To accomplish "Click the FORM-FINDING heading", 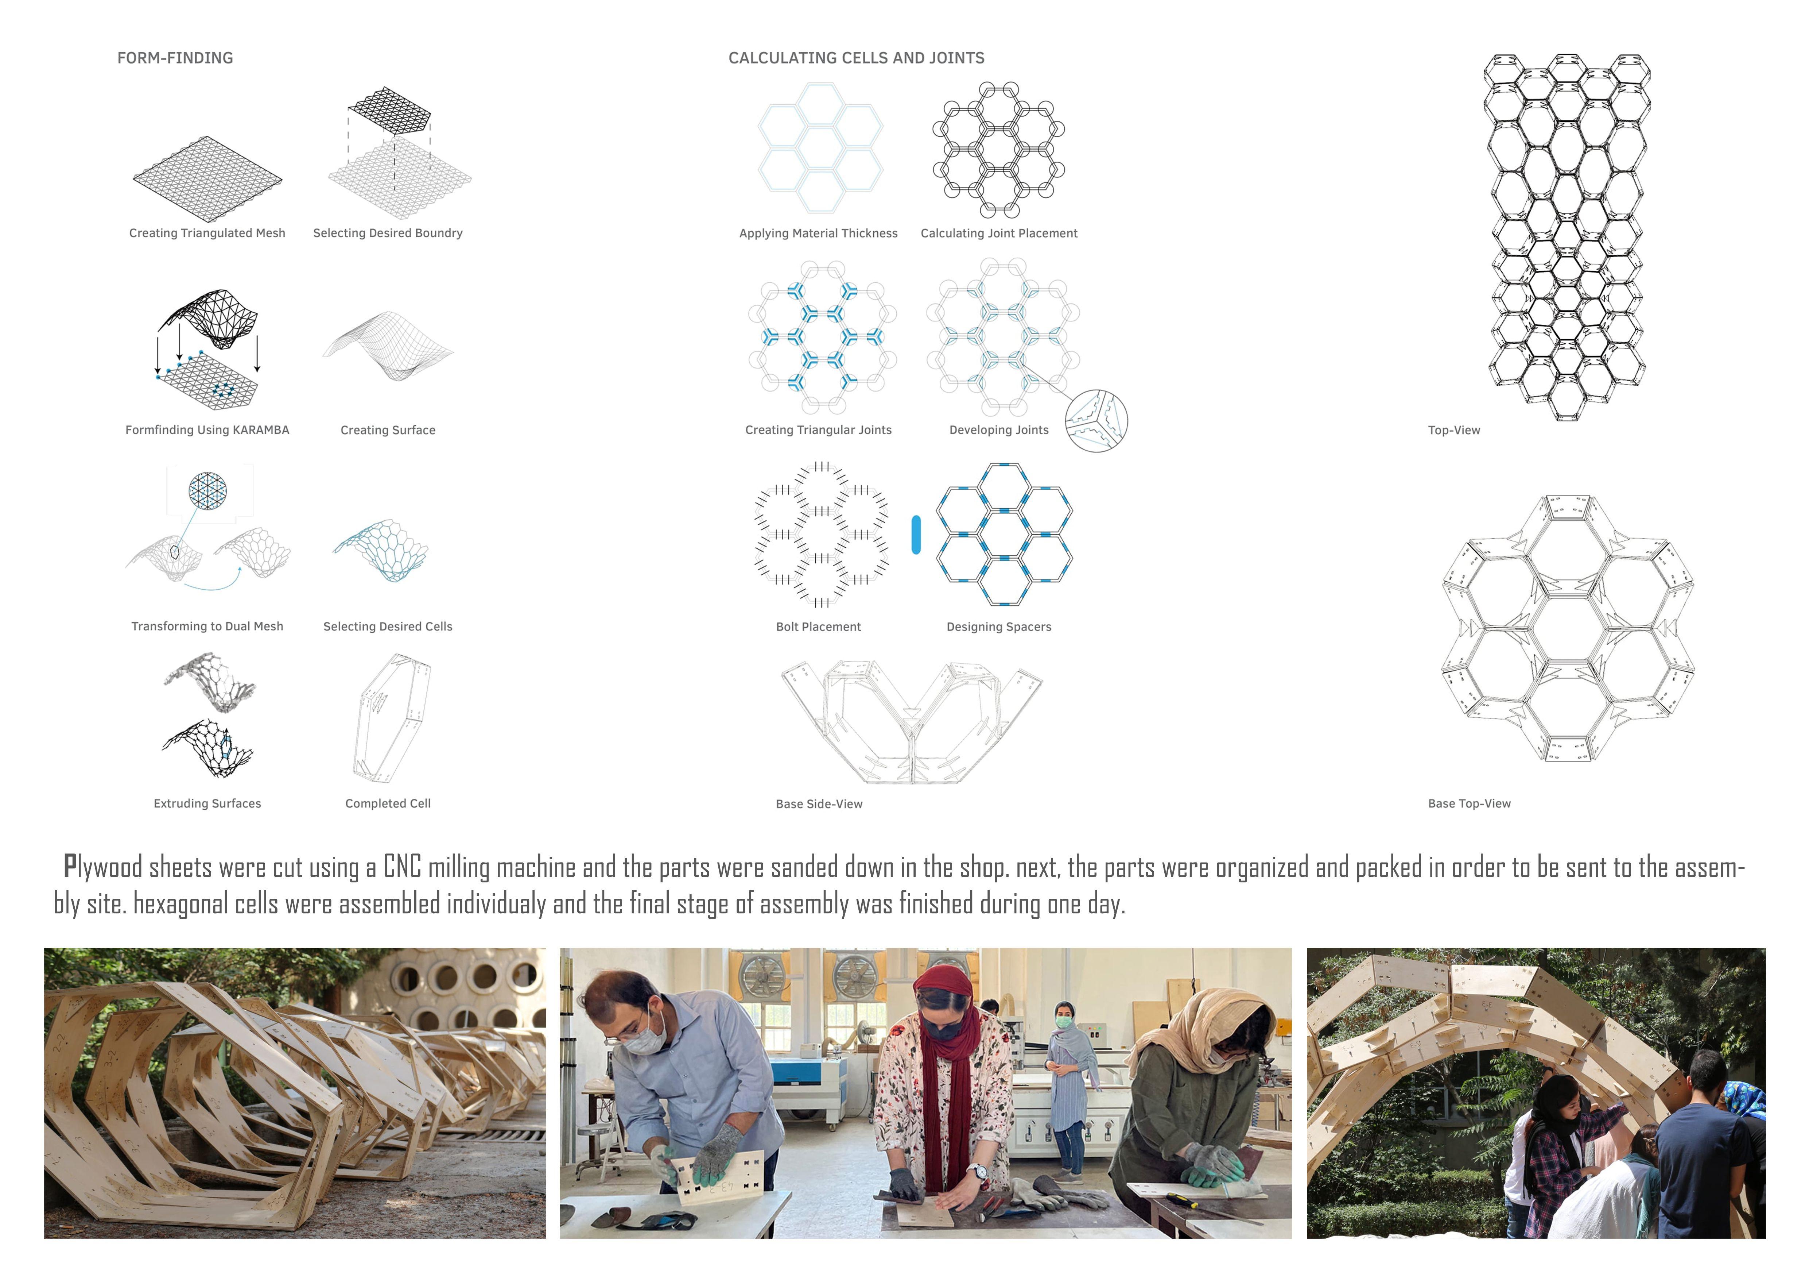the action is point(175,58).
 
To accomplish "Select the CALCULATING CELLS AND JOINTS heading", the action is point(857,58).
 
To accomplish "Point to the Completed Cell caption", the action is point(388,803).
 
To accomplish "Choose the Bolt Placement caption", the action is point(819,626).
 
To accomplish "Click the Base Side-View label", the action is point(819,804).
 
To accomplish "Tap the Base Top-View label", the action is point(1470,803).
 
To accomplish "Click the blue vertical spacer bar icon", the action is point(916,535).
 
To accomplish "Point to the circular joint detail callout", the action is point(1096,421).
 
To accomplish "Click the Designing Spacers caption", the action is point(999,626).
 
